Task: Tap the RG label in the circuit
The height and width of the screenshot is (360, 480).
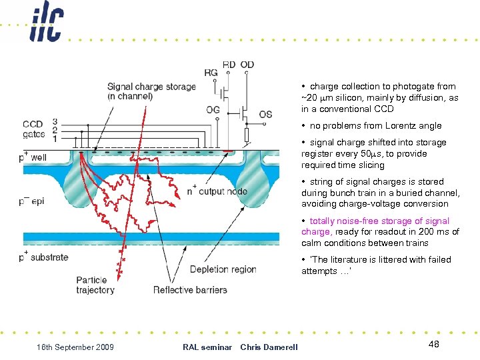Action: tap(211, 73)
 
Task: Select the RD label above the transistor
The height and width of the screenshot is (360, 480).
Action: tap(229, 65)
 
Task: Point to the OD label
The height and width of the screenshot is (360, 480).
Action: tap(247, 65)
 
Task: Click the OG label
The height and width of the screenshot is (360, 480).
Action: tap(213, 109)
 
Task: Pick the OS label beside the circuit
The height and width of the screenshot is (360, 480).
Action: tap(265, 114)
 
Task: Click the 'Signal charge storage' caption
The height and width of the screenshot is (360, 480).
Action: tap(151, 91)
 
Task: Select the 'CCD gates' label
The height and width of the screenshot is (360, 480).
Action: tap(33, 129)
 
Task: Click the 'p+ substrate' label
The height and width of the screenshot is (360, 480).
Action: tap(45, 257)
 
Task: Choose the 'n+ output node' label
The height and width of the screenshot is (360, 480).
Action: tap(217, 191)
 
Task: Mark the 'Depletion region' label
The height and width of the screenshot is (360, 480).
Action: tap(223, 269)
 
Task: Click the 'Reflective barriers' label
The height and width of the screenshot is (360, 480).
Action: tap(190, 289)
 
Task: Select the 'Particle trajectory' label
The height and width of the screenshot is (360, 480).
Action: tap(95, 285)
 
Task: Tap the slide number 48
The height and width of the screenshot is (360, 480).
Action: tap(433, 343)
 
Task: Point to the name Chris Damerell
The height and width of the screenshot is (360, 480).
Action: tap(269, 347)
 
